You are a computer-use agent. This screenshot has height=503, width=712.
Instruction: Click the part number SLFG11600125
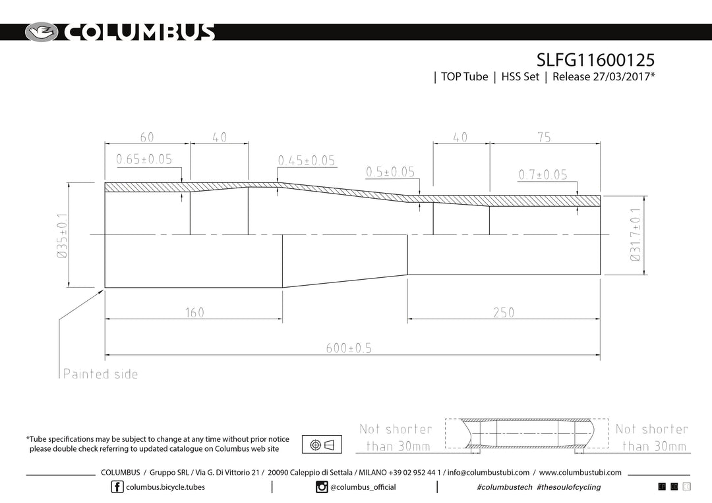pyautogui.click(x=596, y=60)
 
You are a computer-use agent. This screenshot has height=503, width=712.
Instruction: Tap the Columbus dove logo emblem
pyautogui.click(x=42, y=32)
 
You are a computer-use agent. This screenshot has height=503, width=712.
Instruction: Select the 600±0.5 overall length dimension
pyautogui.click(x=349, y=348)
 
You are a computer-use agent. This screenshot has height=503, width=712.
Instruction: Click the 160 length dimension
pyautogui.click(x=194, y=313)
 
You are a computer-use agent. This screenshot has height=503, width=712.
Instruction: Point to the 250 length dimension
pyautogui.click(x=504, y=313)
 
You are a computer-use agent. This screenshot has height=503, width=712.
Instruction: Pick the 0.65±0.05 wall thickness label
pyautogui.click(x=144, y=159)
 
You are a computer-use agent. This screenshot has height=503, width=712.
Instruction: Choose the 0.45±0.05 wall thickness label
pyautogui.click(x=307, y=161)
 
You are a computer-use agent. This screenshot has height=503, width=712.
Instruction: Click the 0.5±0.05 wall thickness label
pyautogui.click(x=390, y=172)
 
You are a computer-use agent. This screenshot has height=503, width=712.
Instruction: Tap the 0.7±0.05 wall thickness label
pyautogui.click(x=543, y=174)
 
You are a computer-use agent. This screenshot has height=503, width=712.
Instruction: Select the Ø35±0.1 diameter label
pyautogui.click(x=62, y=236)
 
